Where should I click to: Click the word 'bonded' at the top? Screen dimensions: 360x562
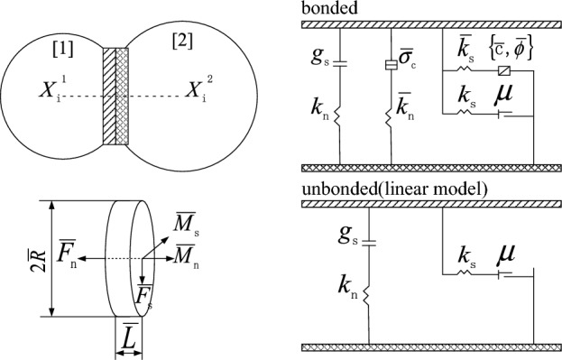coord(326,8)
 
